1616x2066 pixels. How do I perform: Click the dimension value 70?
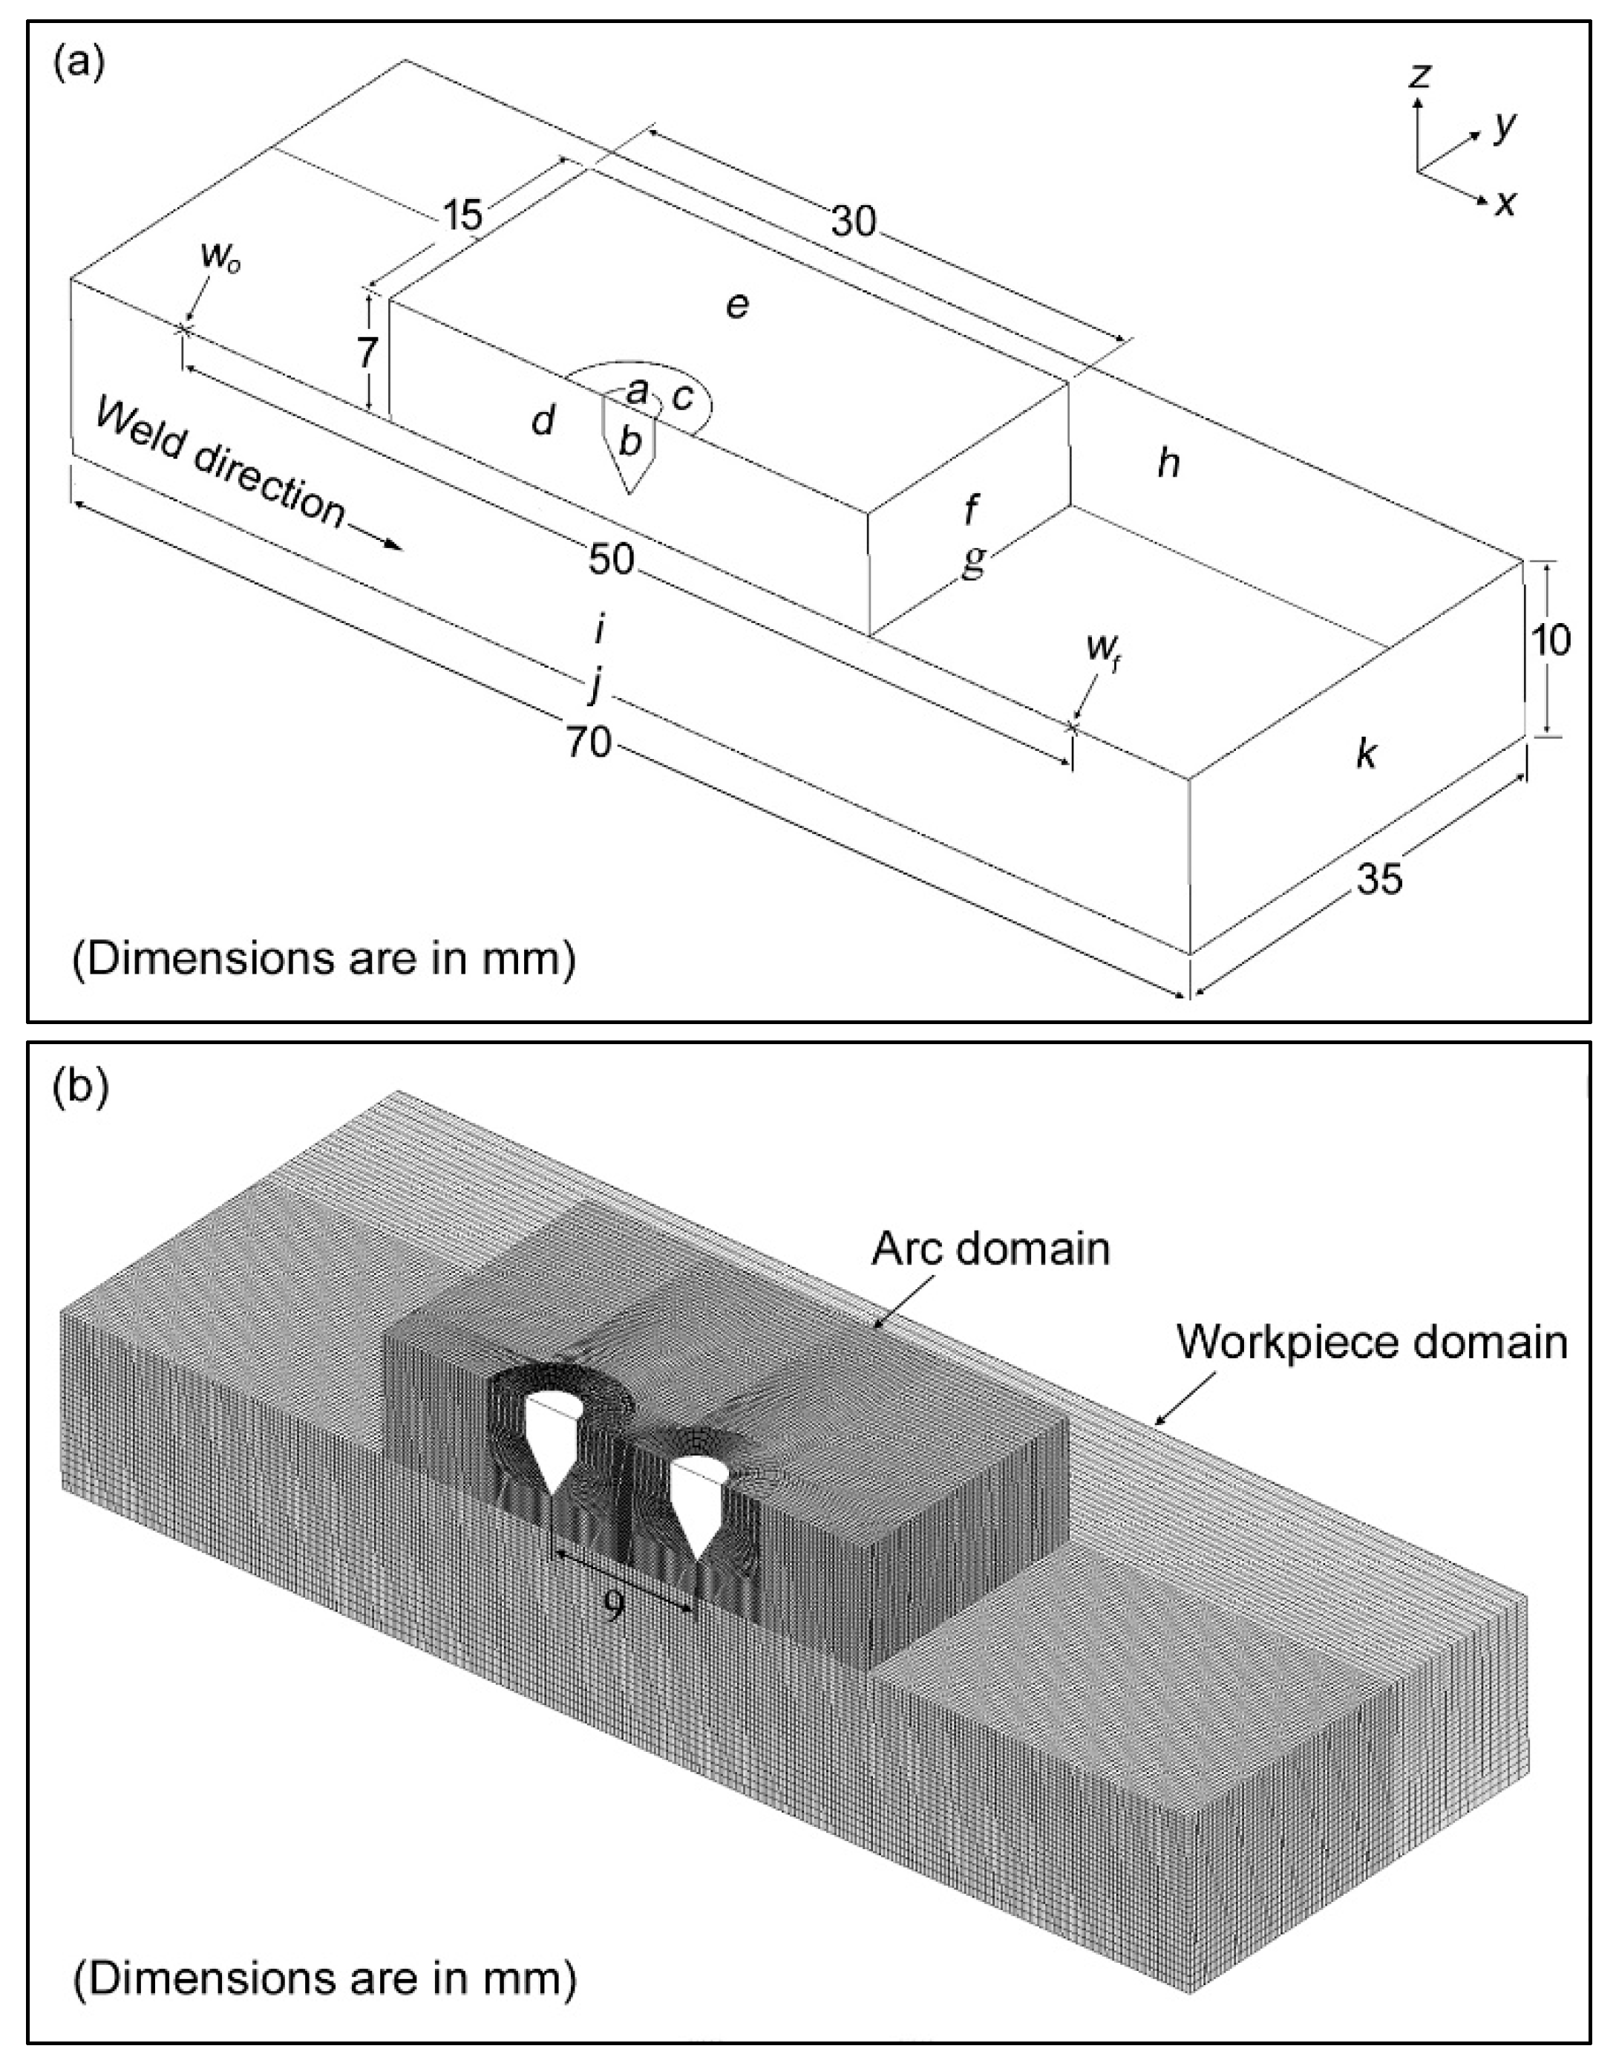[589, 743]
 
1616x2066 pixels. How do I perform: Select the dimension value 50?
[610, 559]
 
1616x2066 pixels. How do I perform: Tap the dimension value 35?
[1379, 880]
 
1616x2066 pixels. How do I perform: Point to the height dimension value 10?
[1551, 642]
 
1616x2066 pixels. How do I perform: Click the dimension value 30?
[854, 222]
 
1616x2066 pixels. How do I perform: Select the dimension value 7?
[367, 353]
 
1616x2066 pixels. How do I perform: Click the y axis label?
[1505, 126]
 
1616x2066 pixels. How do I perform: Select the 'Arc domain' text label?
[989, 1250]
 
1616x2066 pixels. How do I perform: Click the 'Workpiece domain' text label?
[1371, 1342]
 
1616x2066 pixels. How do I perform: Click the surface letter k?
[1365, 755]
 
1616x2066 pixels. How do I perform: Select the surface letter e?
[737, 306]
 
